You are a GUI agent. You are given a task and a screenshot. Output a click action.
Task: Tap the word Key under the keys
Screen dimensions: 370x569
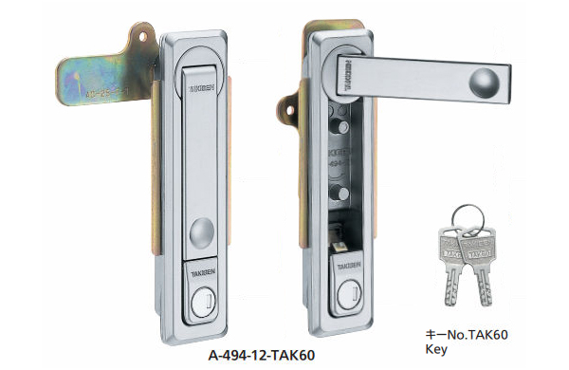[x=435, y=349]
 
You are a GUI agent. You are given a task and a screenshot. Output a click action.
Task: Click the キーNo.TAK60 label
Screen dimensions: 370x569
[x=467, y=334]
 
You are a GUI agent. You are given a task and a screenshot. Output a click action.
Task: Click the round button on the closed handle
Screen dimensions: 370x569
[x=202, y=231]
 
